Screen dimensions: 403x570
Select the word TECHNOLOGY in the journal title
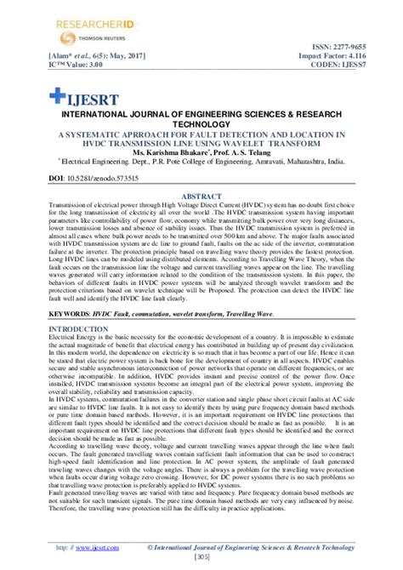pyautogui.click(x=201, y=123)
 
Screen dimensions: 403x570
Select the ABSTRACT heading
pyautogui.click(x=201, y=196)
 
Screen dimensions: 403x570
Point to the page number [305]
pyautogui.click(x=201, y=559)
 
